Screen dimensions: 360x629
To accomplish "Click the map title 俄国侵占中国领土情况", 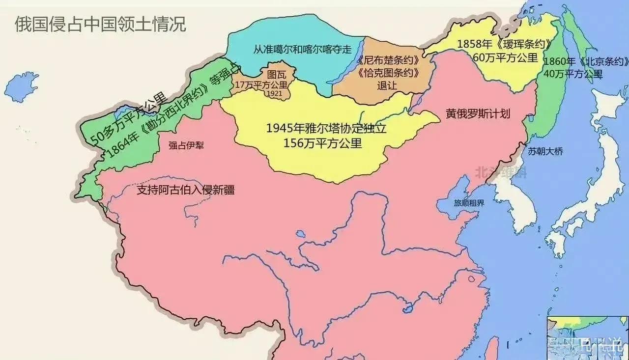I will pyautogui.click(x=100, y=24).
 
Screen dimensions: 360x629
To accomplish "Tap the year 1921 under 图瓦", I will pyautogui.click(x=275, y=93).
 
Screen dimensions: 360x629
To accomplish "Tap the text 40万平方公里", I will pyautogui.click(x=573, y=74).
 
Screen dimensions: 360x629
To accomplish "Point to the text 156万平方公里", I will pyautogui.click(x=322, y=143).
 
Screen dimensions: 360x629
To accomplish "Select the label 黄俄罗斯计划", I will pyautogui.click(x=478, y=114).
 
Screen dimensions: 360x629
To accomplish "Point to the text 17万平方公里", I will pyautogui.click(x=262, y=85).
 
